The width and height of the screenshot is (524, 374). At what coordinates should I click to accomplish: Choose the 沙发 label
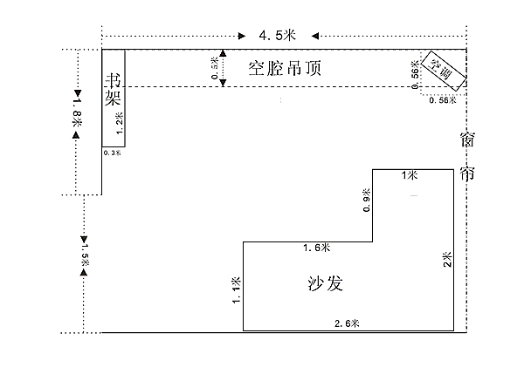click(324, 284)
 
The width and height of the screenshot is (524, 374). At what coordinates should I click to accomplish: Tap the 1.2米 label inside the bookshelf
click(120, 120)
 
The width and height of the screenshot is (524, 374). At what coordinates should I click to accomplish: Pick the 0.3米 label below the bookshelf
click(113, 153)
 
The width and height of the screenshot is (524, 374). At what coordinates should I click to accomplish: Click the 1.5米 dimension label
click(85, 253)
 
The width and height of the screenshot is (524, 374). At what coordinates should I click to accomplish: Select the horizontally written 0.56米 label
click(444, 100)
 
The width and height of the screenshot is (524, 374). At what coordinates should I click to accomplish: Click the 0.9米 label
click(367, 200)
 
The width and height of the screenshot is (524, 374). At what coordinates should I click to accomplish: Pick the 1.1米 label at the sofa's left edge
click(237, 288)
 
